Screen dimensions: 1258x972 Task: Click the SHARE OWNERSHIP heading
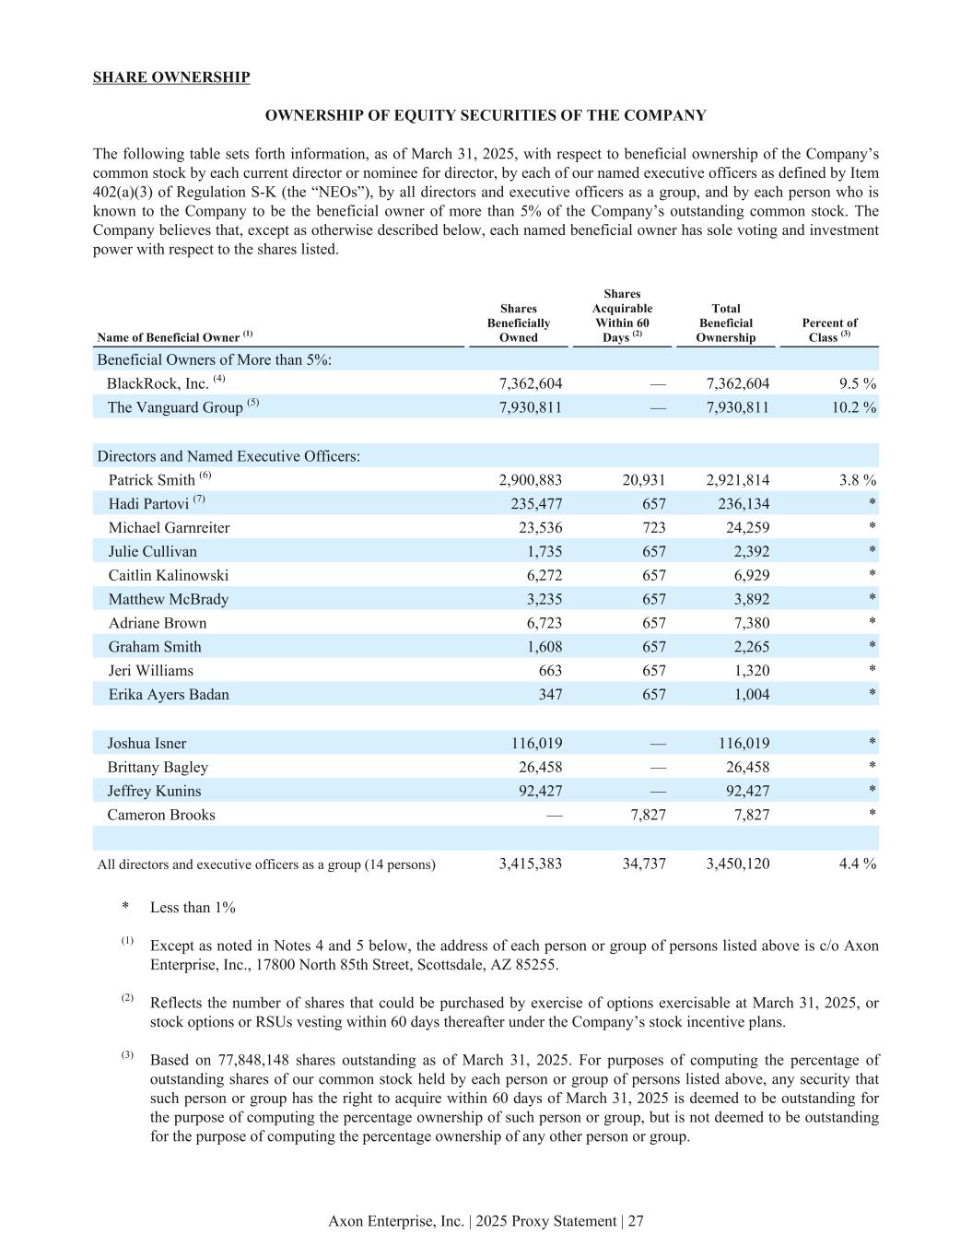coord(171,77)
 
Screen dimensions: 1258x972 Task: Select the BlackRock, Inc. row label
coord(158,383)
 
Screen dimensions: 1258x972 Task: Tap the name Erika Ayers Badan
coord(169,695)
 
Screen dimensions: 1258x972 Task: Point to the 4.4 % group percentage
coord(854,864)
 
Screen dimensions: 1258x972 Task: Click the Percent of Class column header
coord(829,330)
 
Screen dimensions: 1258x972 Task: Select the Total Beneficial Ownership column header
coord(725,323)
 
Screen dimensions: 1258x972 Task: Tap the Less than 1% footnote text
coord(193,908)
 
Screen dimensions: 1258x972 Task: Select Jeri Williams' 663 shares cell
coord(549,671)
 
